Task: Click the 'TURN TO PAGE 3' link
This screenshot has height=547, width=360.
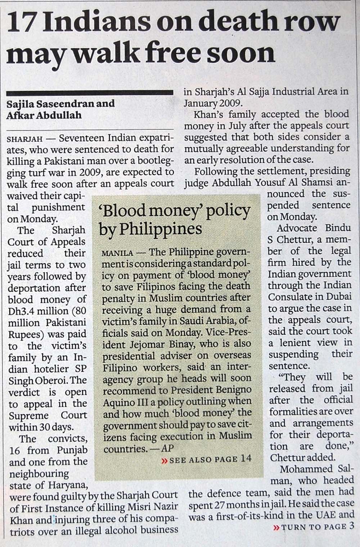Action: (313, 527)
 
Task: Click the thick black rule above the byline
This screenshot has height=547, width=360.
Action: (90, 93)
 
